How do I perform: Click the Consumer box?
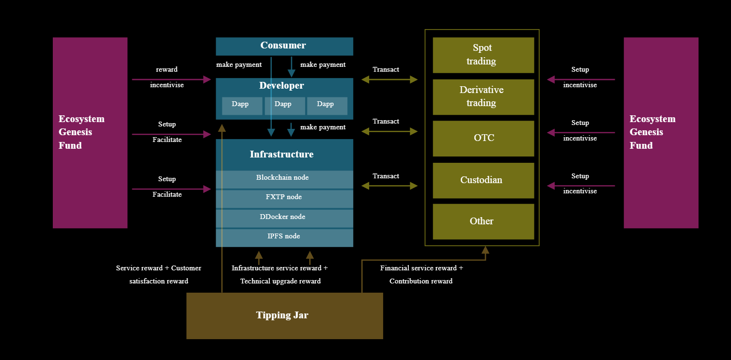click(x=284, y=46)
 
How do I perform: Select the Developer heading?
click(x=281, y=86)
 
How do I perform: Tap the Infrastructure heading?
click(x=281, y=155)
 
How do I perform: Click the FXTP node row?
click(x=284, y=197)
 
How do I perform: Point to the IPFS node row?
click(x=284, y=236)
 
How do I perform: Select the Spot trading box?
click(x=483, y=55)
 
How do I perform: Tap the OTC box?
click(x=483, y=138)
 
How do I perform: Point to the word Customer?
click(x=186, y=268)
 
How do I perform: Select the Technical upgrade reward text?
click(x=280, y=281)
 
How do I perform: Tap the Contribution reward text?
click(x=421, y=281)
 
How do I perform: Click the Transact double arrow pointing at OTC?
click(x=389, y=131)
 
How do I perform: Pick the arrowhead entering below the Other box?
click(x=485, y=250)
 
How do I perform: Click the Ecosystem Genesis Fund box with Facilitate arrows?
click(x=90, y=132)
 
